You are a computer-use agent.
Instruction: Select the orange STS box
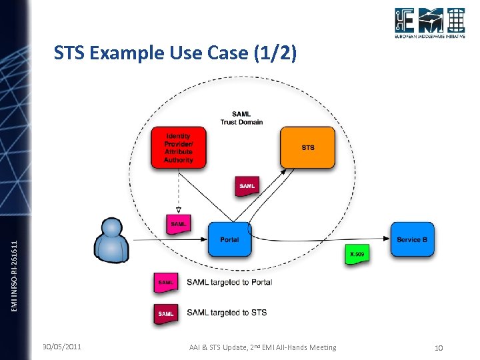pyautogui.click(x=307, y=147)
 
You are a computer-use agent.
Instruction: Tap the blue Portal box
pyautogui.click(x=229, y=239)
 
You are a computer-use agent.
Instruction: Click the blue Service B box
pyautogui.click(x=413, y=239)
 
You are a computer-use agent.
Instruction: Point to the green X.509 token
pyautogui.click(x=357, y=255)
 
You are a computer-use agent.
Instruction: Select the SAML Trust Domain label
pyautogui.click(x=241, y=117)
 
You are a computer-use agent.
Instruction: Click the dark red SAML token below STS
pyautogui.click(x=247, y=185)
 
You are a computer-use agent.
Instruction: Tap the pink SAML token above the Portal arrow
pyautogui.click(x=178, y=223)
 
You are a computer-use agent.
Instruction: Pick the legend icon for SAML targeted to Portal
pyautogui.click(x=166, y=283)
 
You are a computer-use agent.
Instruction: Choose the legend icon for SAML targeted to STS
pyautogui.click(x=166, y=313)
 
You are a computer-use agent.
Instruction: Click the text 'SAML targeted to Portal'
pyautogui.click(x=229, y=282)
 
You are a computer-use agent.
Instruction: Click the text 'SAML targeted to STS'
pyautogui.click(x=227, y=313)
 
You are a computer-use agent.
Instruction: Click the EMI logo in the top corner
pyautogui.click(x=429, y=23)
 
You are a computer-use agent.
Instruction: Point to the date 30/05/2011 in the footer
pyautogui.click(x=62, y=347)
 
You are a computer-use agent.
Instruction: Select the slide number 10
pyautogui.click(x=438, y=347)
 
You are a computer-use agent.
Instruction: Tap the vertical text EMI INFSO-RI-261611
pyautogui.click(x=16, y=265)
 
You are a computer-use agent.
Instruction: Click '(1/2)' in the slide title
pyautogui.click(x=273, y=53)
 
